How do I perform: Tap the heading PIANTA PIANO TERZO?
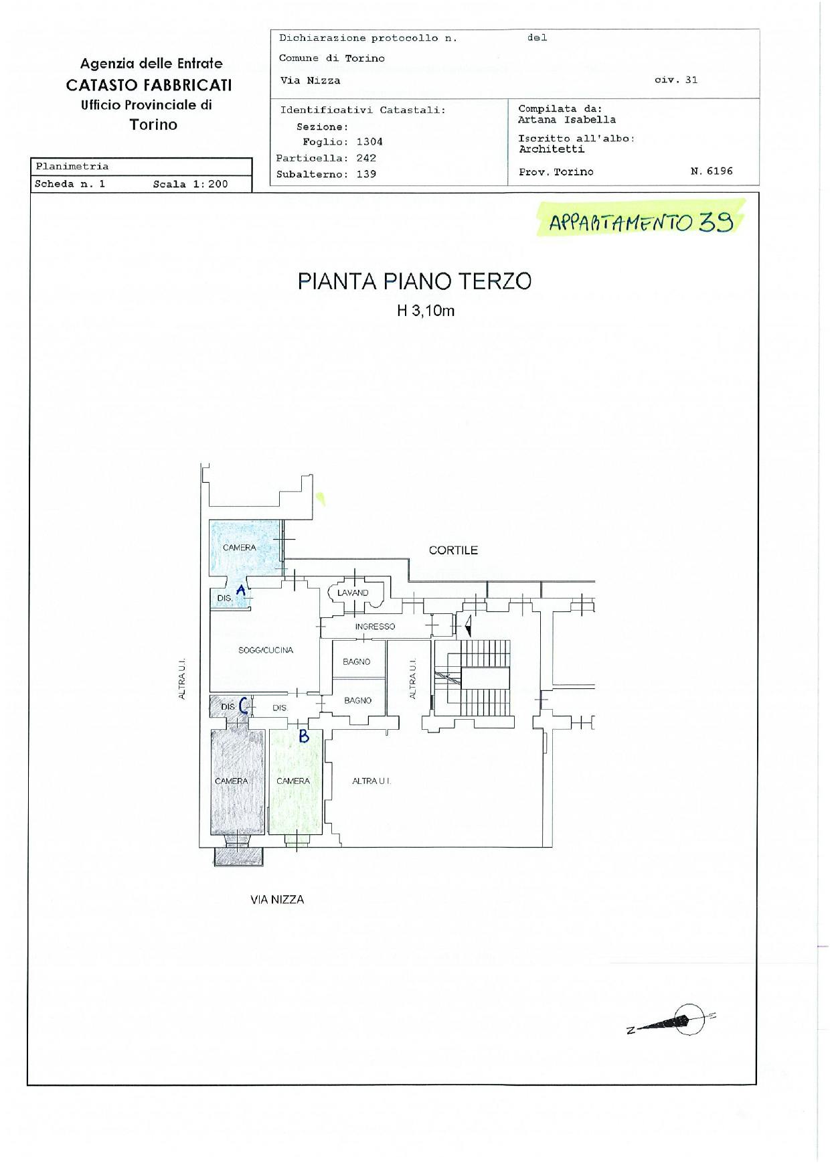point(414,281)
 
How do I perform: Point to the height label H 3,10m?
point(426,311)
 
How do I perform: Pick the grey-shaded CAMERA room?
point(232,781)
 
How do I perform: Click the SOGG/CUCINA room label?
point(266,650)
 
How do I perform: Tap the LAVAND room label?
point(353,593)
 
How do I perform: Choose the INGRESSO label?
point(375,627)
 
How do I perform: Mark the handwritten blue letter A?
point(241,590)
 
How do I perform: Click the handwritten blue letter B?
point(303,736)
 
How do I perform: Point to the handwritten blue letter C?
point(244,706)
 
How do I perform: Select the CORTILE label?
point(453,550)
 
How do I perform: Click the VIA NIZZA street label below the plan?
point(277,900)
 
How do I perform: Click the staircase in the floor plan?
point(473,679)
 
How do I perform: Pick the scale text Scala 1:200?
point(190,184)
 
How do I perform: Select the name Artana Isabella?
point(566,120)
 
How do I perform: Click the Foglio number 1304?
point(369,142)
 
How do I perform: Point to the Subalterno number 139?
point(366,174)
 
